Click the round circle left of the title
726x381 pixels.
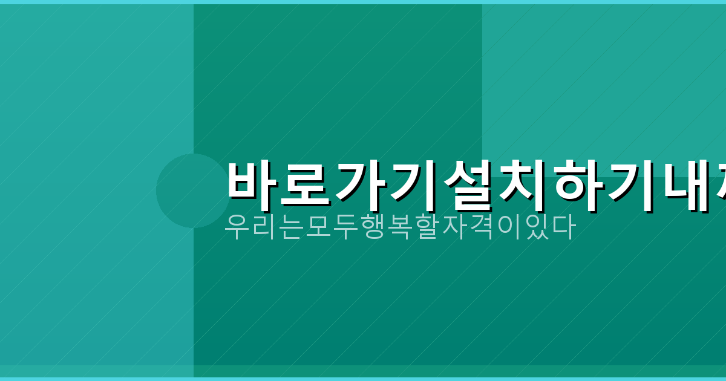(193, 190)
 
